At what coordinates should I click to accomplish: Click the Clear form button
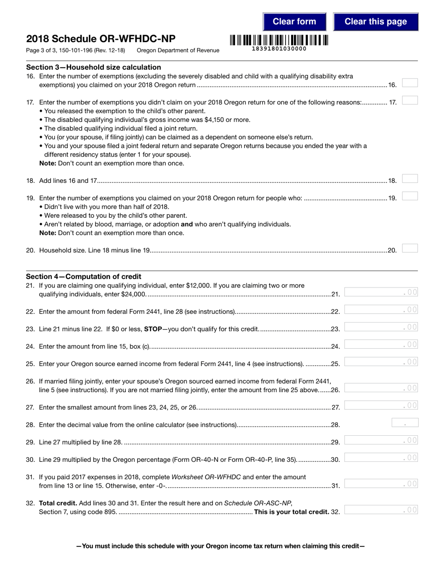click(x=294, y=22)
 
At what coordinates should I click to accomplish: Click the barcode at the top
click(x=279, y=40)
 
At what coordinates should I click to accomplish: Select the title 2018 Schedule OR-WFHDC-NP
click(x=101, y=39)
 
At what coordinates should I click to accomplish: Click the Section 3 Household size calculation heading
click(x=93, y=67)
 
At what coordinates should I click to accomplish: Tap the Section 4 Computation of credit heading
click(x=84, y=276)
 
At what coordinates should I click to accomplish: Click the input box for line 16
click(x=409, y=83)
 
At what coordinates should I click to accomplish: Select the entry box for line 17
click(x=409, y=100)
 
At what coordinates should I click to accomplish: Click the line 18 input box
click(x=409, y=179)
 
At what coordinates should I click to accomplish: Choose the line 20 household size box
click(x=409, y=248)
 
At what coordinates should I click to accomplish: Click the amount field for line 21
click(x=381, y=292)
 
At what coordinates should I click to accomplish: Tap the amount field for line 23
click(x=381, y=327)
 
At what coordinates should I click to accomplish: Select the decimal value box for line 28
click(x=404, y=423)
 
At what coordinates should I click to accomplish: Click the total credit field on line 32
click(x=381, y=510)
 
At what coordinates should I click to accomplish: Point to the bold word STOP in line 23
click(x=152, y=329)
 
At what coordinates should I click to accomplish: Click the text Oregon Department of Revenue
click(x=178, y=50)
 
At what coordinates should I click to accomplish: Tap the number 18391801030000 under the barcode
click(x=279, y=49)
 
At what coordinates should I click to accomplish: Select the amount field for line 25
click(x=381, y=362)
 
